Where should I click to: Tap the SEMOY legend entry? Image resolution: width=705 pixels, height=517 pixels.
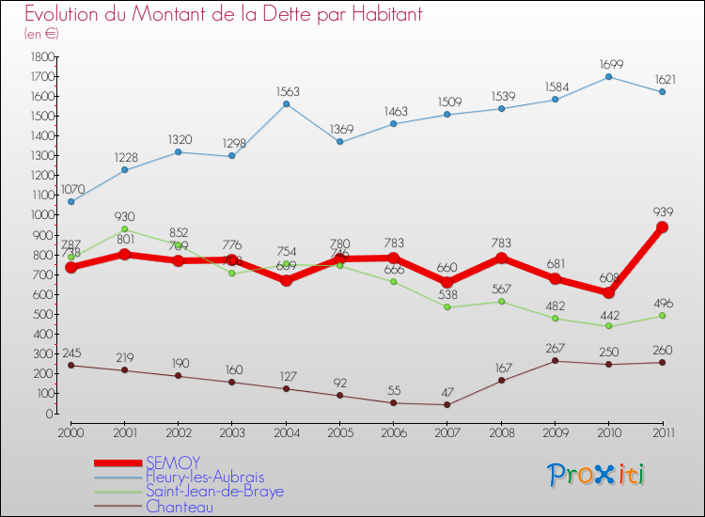[x=173, y=462]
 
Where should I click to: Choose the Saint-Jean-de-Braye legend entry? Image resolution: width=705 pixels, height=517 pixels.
[x=214, y=492]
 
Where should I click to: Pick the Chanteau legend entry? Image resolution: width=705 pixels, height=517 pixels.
[x=179, y=507]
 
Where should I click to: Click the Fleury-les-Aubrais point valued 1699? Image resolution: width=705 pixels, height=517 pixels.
[x=608, y=76]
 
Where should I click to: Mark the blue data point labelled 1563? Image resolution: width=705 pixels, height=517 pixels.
[x=286, y=103]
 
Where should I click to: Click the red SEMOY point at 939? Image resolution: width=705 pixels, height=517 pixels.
[x=662, y=227]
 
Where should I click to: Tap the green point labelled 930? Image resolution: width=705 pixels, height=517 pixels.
[x=124, y=228]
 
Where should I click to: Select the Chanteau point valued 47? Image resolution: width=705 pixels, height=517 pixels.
[x=446, y=404]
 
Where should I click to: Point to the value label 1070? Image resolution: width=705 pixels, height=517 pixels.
[x=74, y=189]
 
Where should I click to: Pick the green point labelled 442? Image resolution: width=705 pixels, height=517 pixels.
[x=608, y=326]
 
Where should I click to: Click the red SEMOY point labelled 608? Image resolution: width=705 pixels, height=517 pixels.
[x=608, y=292]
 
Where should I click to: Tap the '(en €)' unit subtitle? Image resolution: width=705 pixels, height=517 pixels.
[x=41, y=34]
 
